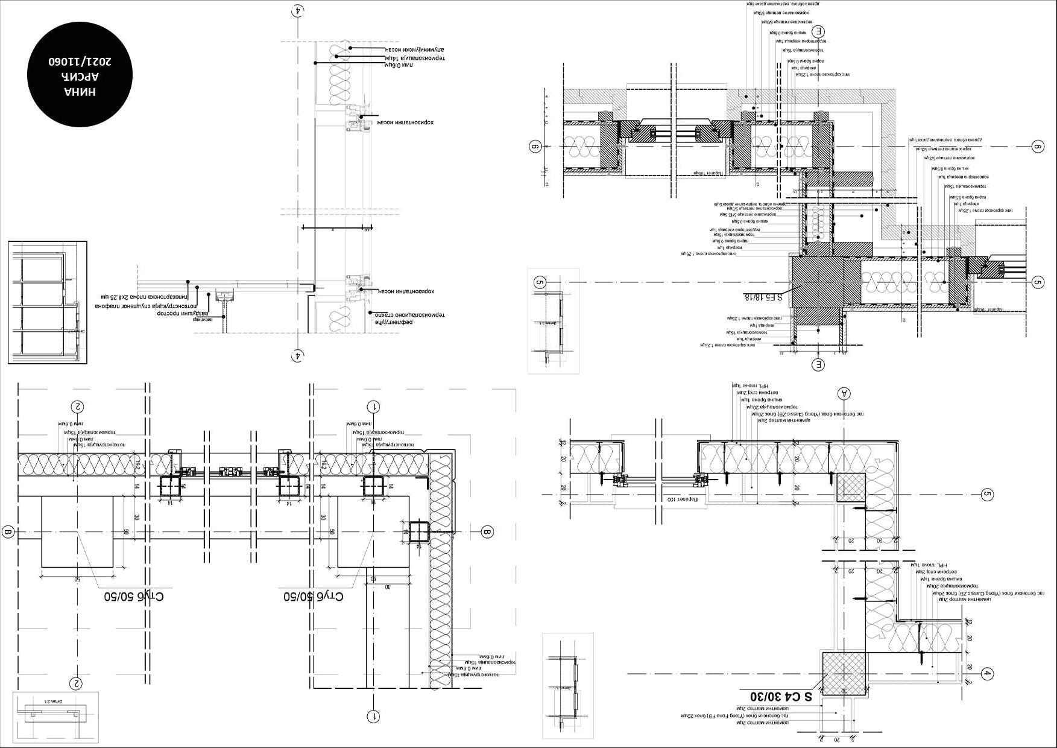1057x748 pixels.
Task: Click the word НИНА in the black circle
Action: [x=80, y=92]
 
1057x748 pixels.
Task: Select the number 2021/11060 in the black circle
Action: [x=80, y=62]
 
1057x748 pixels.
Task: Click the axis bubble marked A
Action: [x=844, y=393]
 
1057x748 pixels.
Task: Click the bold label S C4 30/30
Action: [x=781, y=696]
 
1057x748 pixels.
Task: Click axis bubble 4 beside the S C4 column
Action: [x=987, y=674]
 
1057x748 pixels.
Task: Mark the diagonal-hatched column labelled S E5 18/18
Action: [x=817, y=281]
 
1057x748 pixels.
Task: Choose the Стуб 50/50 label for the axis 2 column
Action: [x=134, y=597]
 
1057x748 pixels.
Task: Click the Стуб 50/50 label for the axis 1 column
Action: [x=314, y=597]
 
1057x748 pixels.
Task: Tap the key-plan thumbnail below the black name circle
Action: [x=47, y=302]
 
